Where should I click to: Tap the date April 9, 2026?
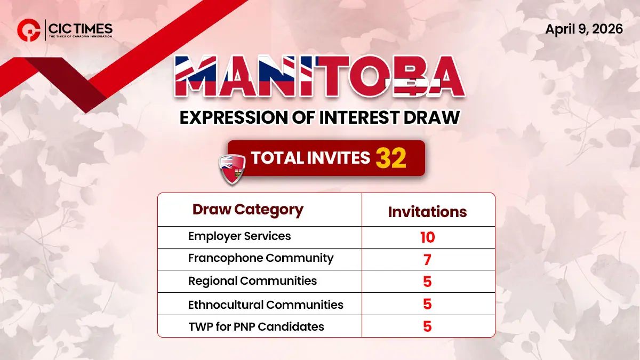coord(584,29)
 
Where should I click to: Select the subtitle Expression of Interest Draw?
coord(319,117)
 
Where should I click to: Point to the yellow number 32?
coord(391,158)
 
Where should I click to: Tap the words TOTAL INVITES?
coord(310,158)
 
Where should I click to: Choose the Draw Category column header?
coord(248,210)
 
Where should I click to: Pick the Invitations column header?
coord(427,212)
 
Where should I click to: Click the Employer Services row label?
coord(240,236)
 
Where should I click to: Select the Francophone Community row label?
coord(261,258)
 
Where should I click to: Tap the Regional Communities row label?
coord(252,281)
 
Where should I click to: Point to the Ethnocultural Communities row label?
coord(266,305)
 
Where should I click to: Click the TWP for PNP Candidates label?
coord(256,326)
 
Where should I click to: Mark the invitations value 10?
coord(427,237)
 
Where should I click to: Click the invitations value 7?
coord(427,260)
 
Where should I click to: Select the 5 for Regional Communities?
coord(427,282)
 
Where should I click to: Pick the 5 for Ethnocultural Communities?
coord(427,305)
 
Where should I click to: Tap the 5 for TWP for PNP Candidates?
coord(427,326)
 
